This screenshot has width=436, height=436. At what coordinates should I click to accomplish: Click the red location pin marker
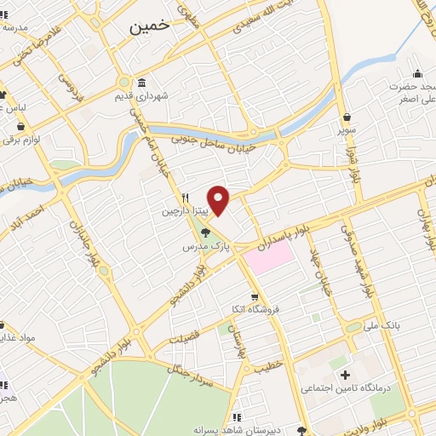[219, 199]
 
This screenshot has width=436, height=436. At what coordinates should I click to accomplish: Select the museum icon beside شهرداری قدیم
[140, 83]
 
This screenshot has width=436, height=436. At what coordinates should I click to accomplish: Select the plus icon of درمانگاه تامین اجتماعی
[344, 375]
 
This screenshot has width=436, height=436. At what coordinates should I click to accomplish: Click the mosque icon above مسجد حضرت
[417, 72]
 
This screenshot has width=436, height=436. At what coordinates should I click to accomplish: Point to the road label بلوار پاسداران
[294, 231]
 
